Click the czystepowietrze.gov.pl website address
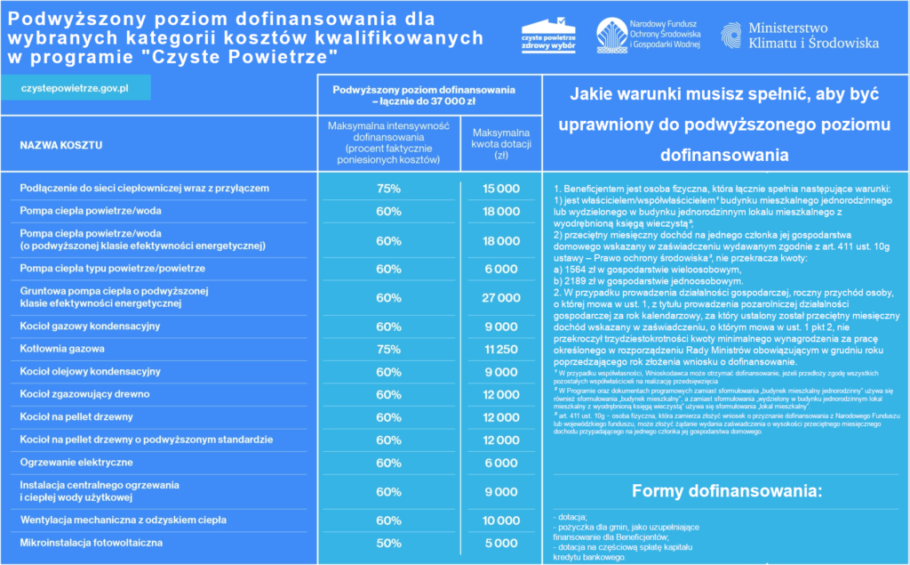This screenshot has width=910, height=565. [x=75, y=89]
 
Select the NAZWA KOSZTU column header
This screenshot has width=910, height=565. [x=61, y=144]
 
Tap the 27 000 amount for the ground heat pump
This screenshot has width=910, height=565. [x=501, y=297]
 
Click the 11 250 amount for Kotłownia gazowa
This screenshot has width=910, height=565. [x=501, y=350]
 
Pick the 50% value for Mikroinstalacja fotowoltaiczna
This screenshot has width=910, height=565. [x=388, y=542]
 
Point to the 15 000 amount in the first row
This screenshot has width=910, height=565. [x=501, y=189]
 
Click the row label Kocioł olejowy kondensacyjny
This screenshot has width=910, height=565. [x=91, y=370]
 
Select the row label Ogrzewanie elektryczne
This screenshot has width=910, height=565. [x=76, y=463]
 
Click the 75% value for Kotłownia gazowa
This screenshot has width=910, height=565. [x=388, y=350]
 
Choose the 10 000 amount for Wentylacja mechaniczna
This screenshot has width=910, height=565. [x=501, y=520]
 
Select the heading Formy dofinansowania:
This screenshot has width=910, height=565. [x=727, y=490]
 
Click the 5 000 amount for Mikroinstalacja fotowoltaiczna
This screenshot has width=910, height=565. [x=501, y=542]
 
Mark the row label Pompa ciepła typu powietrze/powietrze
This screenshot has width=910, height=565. [x=113, y=268]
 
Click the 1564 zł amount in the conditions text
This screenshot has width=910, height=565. [x=584, y=270]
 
